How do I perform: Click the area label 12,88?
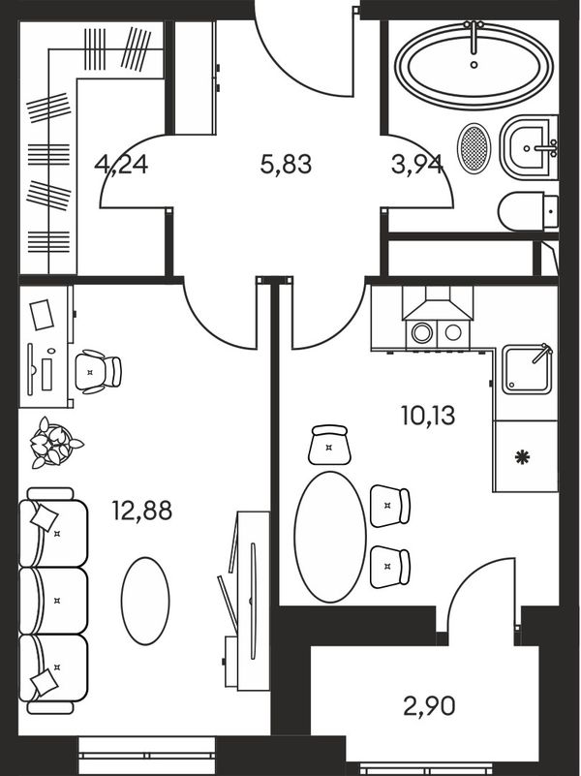coord(142,511)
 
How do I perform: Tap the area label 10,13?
coord(428,416)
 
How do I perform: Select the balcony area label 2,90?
coord(429,706)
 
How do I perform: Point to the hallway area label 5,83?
coord(286,165)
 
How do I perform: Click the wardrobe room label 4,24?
coord(121,165)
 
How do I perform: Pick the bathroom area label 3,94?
coord(416,165)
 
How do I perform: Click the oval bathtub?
coord(474,66)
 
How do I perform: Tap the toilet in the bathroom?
coord(528,212)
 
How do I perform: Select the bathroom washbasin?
coord(528,147)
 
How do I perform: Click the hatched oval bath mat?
coord(474,148)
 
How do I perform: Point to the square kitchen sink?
coord(527,369)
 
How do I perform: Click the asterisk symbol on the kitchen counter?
coord(521,457)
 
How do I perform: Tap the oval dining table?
coord(330,537)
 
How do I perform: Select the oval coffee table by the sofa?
coord(145,601)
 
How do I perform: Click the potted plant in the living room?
coord(53,443)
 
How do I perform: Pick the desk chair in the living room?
coord(98,372)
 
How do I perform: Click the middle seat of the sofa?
coord(53,601)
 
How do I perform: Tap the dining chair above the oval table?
coord(329,445)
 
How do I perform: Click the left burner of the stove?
coord(422,333)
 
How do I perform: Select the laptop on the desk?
coord(42,314)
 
